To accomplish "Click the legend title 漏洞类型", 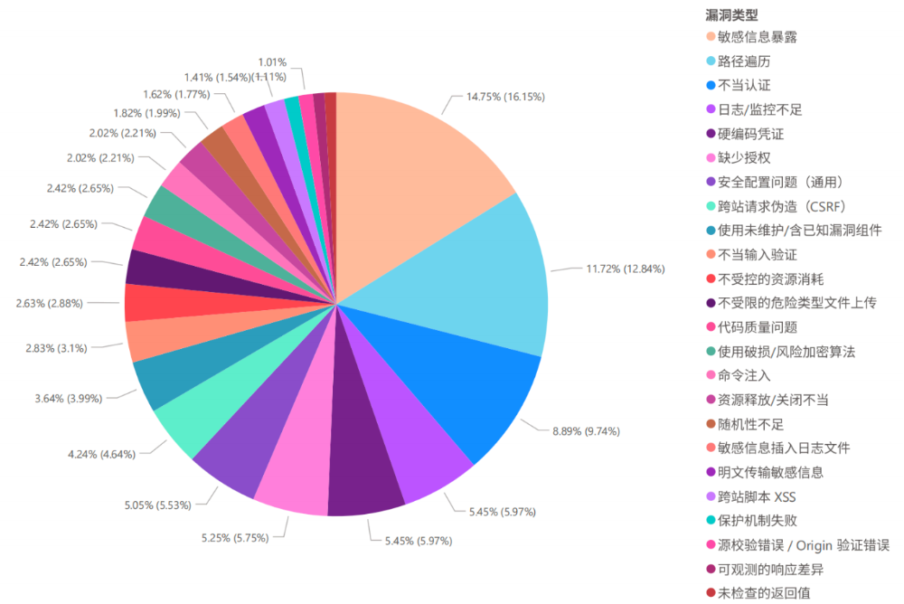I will (x=730, y=14).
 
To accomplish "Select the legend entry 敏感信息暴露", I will (x=757, y=37).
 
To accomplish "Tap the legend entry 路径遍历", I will (x=744, y=61).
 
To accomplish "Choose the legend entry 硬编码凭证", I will (x=750, y=134).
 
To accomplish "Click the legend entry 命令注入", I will (x=744, y=375).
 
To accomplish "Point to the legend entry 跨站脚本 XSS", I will (x=758, y=496).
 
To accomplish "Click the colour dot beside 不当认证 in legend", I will (x=710, y=86).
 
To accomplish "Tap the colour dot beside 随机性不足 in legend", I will (x=710, y=424).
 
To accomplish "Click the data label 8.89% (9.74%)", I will (x=586, y=431).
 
